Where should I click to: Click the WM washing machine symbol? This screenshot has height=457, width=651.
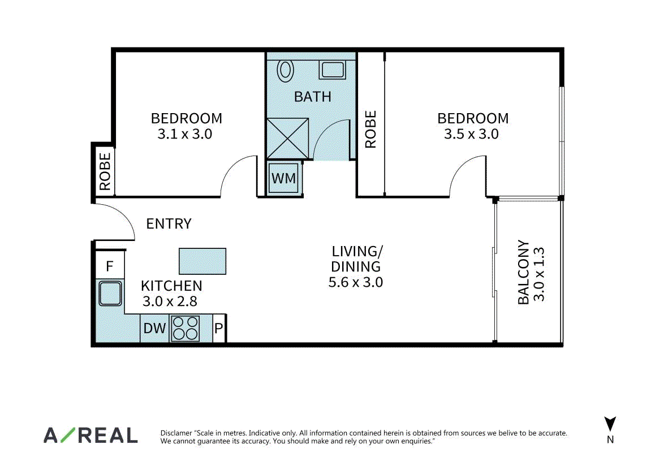283,178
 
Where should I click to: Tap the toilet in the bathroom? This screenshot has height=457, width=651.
285,71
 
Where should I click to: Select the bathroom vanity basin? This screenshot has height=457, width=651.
332,70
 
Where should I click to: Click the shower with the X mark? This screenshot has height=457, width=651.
287,139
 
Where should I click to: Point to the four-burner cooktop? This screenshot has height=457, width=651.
185,328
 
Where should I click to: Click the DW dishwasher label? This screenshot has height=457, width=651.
154,328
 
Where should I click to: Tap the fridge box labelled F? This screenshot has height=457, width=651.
110,265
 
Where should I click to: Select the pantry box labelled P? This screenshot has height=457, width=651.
219,328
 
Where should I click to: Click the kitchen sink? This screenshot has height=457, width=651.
110,293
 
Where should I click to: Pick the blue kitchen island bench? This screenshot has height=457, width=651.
202,261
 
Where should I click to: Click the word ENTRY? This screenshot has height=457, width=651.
169,224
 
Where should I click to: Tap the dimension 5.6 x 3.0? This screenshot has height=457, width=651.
355,282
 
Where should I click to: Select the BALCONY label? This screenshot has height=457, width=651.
523,272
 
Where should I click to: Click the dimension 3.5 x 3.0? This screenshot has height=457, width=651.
471,134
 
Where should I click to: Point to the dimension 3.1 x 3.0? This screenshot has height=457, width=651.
185,134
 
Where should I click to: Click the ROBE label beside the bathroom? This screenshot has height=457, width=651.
370,129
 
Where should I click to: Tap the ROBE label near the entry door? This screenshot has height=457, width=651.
105,171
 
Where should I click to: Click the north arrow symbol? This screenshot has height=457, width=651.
610,424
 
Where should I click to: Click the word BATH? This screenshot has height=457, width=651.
313,97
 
